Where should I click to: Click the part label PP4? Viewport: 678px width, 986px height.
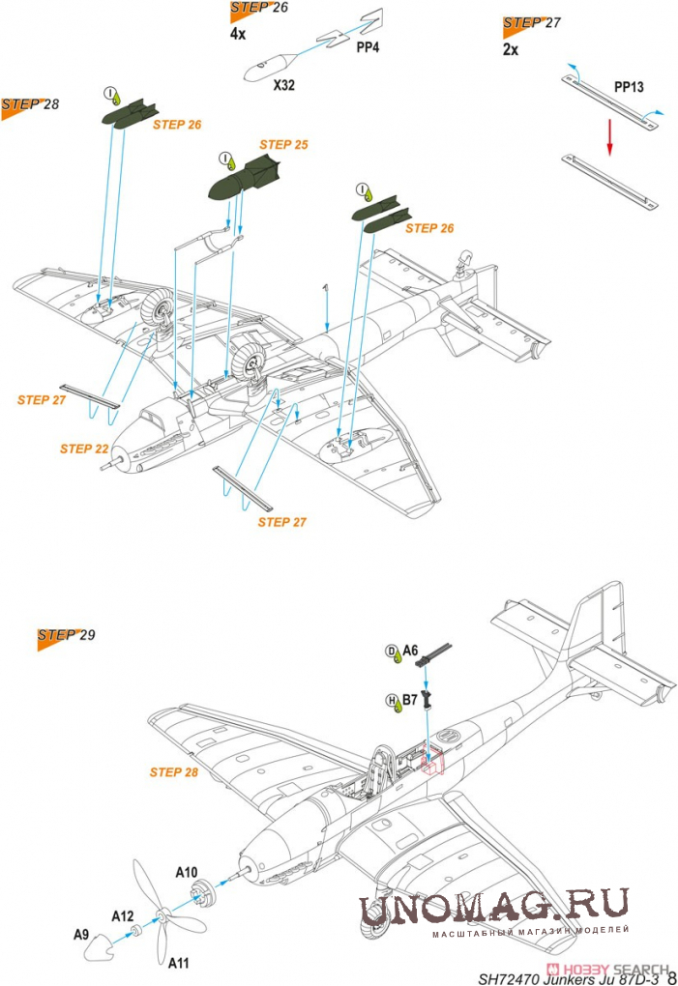[x=368, y=45]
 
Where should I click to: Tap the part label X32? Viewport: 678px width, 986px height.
[x=283, y=85]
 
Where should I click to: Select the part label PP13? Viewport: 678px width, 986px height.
[x=629, y=87]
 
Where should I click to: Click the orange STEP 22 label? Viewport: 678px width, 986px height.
[x=84, y=449]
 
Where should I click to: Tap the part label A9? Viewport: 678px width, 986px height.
[x=82, y=935]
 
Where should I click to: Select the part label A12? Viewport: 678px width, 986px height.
[x=122, y=915]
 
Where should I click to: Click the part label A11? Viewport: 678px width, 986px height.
[x=180, y=963]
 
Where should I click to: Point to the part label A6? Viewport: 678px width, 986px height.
[x=410, y=651]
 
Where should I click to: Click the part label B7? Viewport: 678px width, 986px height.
[x=409, y=698]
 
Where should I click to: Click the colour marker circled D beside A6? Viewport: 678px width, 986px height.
[x=392, y=652]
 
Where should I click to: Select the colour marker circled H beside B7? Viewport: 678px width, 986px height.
[x=392, y=701]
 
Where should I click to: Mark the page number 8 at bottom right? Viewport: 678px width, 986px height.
[x=670, y=976]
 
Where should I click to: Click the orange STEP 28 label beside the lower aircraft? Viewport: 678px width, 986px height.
[x=173, y=772]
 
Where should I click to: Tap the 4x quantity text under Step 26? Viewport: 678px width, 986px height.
[x=238, y=33]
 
